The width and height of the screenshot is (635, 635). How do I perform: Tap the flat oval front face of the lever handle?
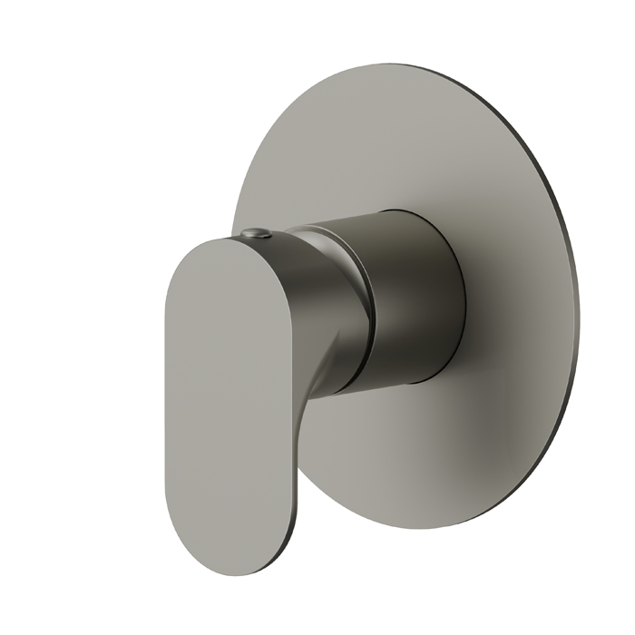[x=231, y=399]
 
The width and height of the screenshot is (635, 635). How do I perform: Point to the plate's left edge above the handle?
[x=238, y=195]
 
